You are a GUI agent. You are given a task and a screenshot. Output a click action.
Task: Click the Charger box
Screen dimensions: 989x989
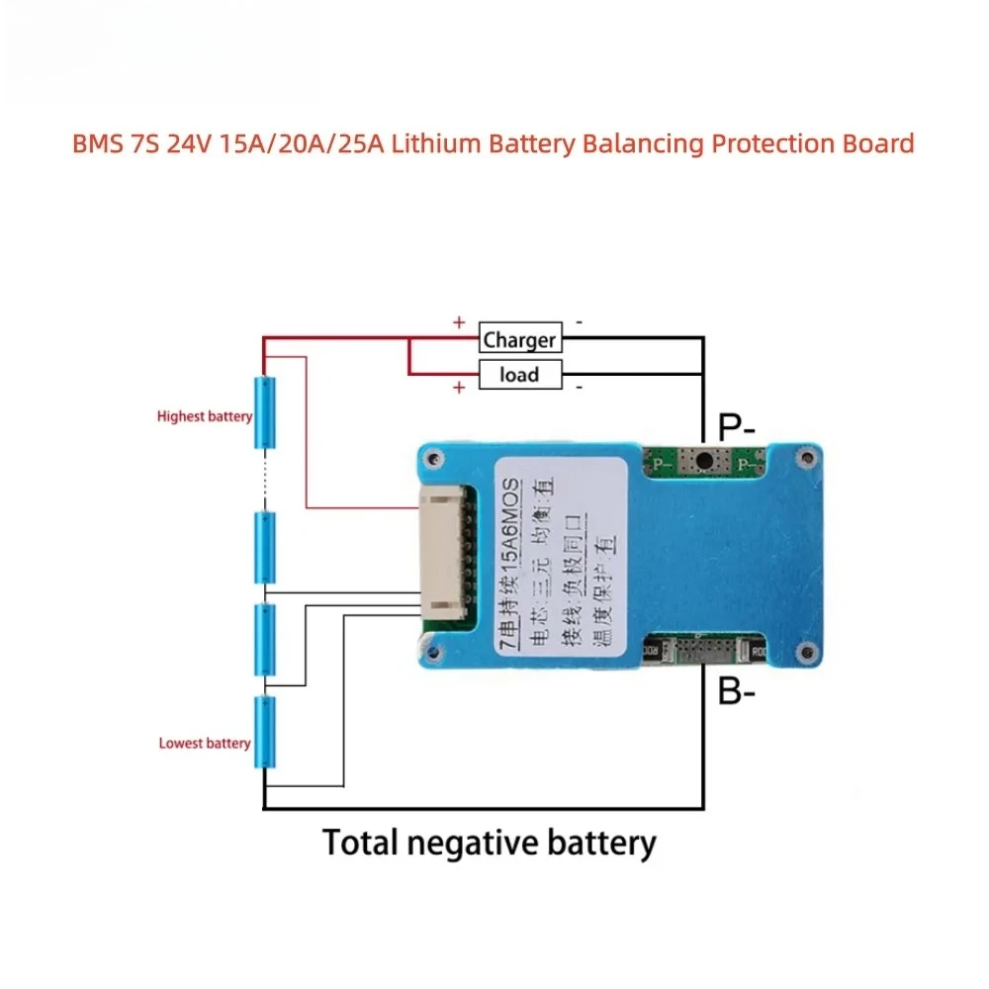[519, 339]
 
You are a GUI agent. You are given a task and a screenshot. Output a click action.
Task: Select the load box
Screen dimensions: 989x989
[519, 374]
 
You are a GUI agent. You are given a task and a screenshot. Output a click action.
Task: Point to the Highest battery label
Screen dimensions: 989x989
[204, 416]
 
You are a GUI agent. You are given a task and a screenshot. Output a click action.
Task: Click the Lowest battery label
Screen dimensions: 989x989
[204, 743]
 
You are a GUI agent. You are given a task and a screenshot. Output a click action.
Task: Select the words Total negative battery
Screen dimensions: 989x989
[489, 844]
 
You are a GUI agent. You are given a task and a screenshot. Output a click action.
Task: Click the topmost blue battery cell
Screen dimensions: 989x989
[264, 413]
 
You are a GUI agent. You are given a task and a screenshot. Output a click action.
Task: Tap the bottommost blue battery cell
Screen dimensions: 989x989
[264, 732]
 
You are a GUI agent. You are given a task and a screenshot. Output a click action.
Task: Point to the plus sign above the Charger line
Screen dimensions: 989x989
[459, 322]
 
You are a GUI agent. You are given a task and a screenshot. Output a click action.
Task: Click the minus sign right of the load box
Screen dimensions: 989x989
[580, 387]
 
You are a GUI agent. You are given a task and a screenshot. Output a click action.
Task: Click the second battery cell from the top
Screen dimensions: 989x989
[264, 548]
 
